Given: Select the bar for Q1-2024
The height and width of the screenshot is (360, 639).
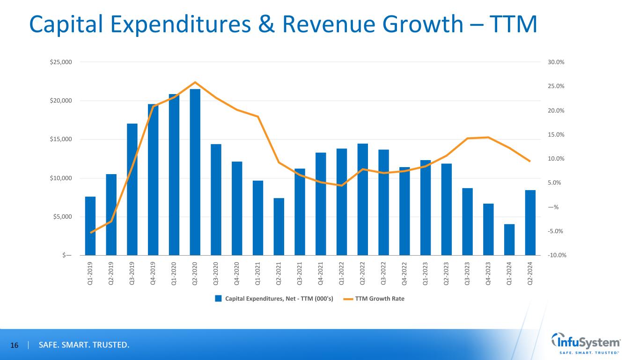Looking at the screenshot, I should tap(509, 240).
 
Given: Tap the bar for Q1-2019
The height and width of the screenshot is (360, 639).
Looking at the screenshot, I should tap(90, 226).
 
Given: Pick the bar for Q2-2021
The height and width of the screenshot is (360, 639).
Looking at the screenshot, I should tap(279, 227).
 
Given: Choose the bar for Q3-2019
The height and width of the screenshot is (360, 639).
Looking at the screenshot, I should tap(132, 190).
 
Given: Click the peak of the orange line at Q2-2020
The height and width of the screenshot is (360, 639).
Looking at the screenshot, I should tap(195, 82).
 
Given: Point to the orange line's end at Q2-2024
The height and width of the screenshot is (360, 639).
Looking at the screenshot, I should tap(530, 162).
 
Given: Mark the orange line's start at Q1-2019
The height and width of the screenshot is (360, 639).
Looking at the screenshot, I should tap(90, 233).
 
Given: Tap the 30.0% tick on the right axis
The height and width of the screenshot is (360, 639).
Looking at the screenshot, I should tap(557, 62).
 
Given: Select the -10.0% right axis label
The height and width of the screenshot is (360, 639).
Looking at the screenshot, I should tap(556, 255).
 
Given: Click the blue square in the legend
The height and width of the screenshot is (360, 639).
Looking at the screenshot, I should tap(218, 299).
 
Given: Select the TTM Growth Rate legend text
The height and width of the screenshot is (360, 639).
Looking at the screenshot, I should tap(380, 299).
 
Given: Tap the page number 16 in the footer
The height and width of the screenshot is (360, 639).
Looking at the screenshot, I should tap(15, 345).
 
